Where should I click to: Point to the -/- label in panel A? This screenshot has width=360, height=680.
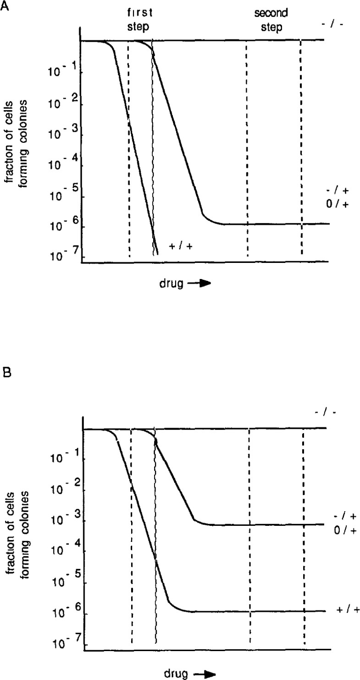point(329,22)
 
